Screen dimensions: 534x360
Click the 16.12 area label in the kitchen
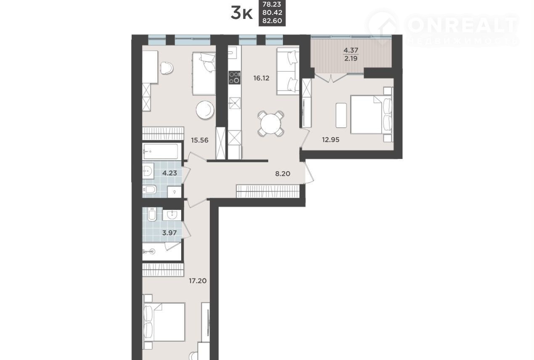[261, 78]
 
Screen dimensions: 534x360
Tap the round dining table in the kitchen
[271, 124]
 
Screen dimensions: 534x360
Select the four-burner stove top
[234, 77]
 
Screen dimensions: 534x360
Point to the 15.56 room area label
[200, 140]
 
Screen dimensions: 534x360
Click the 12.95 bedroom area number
[330, 140]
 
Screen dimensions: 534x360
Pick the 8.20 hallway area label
[283, 174]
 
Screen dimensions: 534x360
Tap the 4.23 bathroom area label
[169, 173]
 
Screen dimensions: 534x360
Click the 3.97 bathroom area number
[169, 233]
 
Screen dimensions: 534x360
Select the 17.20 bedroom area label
[198, 281]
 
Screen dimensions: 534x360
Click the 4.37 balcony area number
[351, 50]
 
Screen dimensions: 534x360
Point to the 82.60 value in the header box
[272, 21]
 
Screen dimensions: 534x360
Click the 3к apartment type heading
[241, 13]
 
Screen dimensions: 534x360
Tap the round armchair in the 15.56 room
[205, 110]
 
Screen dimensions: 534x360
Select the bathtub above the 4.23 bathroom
[161, 151]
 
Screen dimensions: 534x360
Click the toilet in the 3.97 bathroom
[152, 214]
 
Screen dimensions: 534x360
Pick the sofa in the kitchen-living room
[288, 71]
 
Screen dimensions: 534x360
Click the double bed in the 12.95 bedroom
[371, 114]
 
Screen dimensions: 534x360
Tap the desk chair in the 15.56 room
[167, 68]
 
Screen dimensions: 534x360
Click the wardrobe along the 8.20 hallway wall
[268, 191]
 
